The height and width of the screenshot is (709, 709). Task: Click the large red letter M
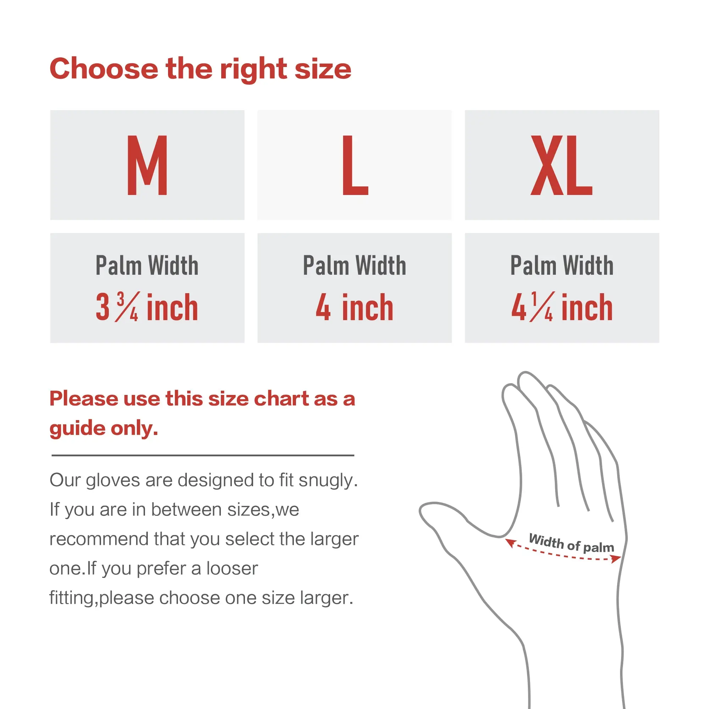pos(147,165)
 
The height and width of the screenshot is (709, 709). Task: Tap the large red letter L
pos(355,165)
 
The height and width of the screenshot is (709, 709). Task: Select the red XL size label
pos(562,165)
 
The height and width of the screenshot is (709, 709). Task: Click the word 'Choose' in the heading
pos(104,69)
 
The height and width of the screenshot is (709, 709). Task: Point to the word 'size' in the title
pos(323,69)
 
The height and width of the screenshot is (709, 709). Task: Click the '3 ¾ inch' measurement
pos(147,307)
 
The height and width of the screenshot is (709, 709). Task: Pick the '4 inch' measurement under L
pos(354,307)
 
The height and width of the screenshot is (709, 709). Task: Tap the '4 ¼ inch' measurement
pos(562,307)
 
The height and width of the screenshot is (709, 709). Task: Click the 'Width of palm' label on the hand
pos(571,543)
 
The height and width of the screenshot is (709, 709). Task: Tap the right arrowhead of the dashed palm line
pos(616,559)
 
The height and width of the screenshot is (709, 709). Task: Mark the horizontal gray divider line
pos(203,456)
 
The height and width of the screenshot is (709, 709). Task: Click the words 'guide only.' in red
pos(104,428)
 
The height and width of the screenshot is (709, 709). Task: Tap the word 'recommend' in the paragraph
pos(99,539)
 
